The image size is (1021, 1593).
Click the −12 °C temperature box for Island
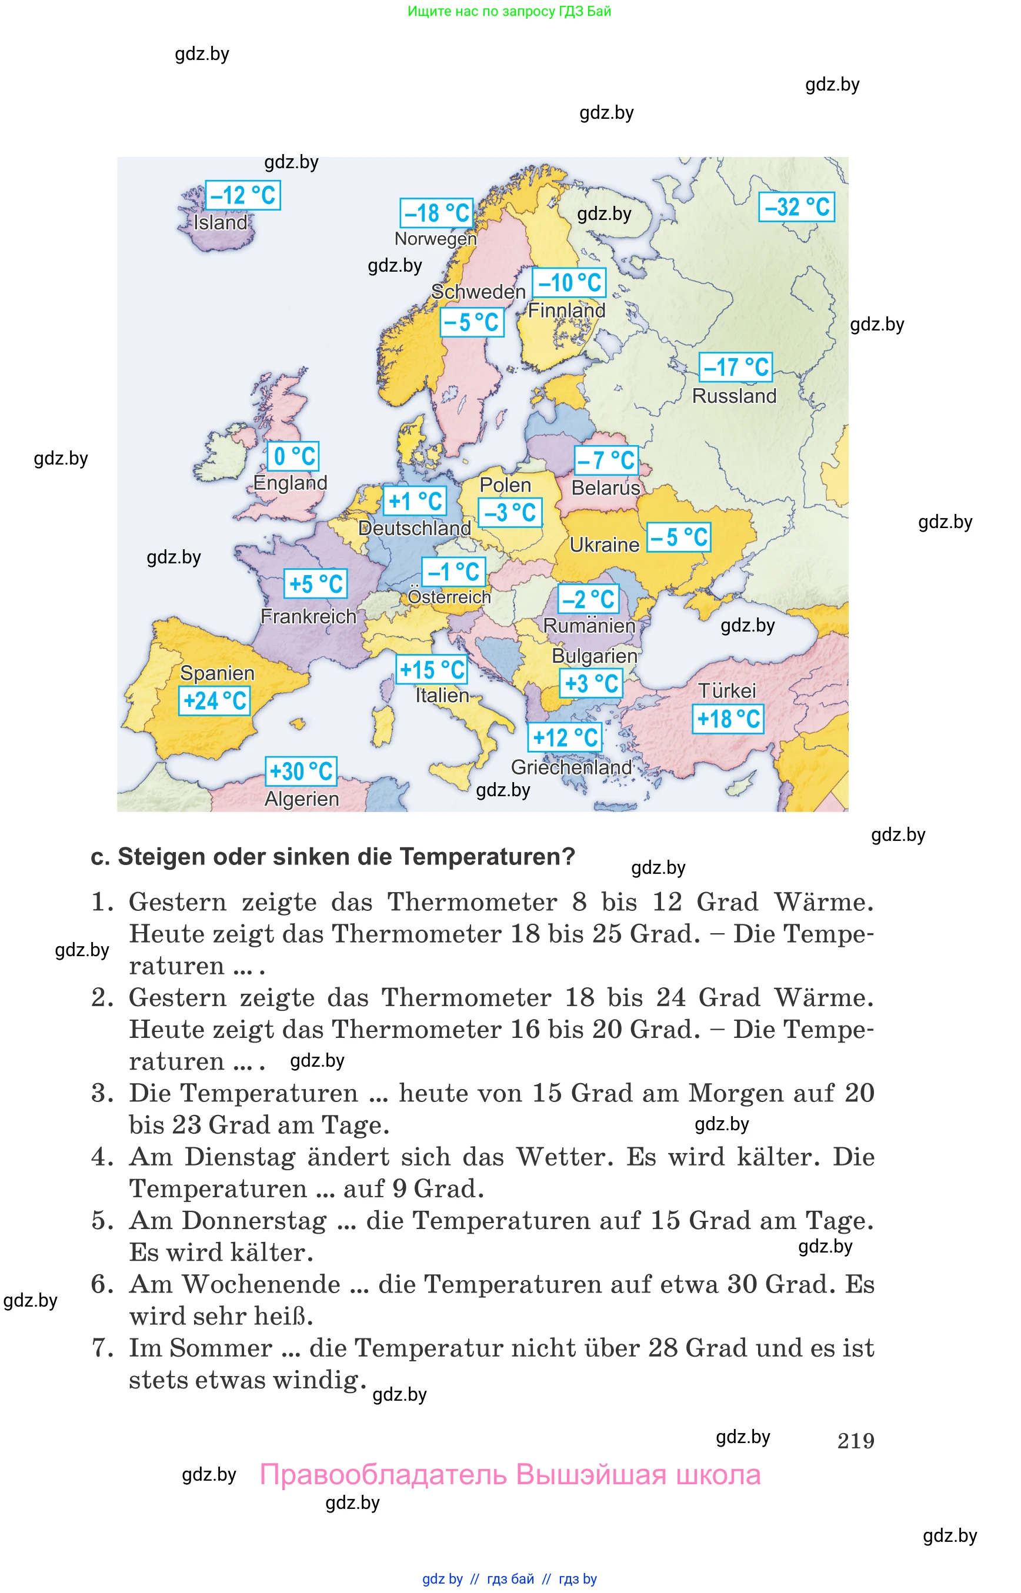click(x=243, y=196)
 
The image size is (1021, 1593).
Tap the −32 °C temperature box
click(x=796, y=207)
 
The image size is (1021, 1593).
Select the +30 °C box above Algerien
click(x=301, y=771)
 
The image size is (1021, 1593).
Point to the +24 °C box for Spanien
click(x=215, y=701)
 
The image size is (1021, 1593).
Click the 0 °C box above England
click(x=293, y=456)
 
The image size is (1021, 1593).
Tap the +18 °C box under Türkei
click(x=728, y=719)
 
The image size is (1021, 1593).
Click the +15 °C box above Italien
click(x=432, y=670)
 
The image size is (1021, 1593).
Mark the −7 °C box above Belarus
click(x=606, y=460)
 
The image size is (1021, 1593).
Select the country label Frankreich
click(x=308, y=616)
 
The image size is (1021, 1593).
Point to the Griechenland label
click(x=571, y=767)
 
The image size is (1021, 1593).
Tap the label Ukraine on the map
click(x=605, y=545)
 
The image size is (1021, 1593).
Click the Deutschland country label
click(x=415, y=528)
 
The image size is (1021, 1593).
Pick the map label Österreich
click(x=449, y=597)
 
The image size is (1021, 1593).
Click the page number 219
click(x=855, y=1441)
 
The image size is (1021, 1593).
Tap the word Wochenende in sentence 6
click(x=262, y=1284)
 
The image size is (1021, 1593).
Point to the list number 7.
click(x=101, y=1348)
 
